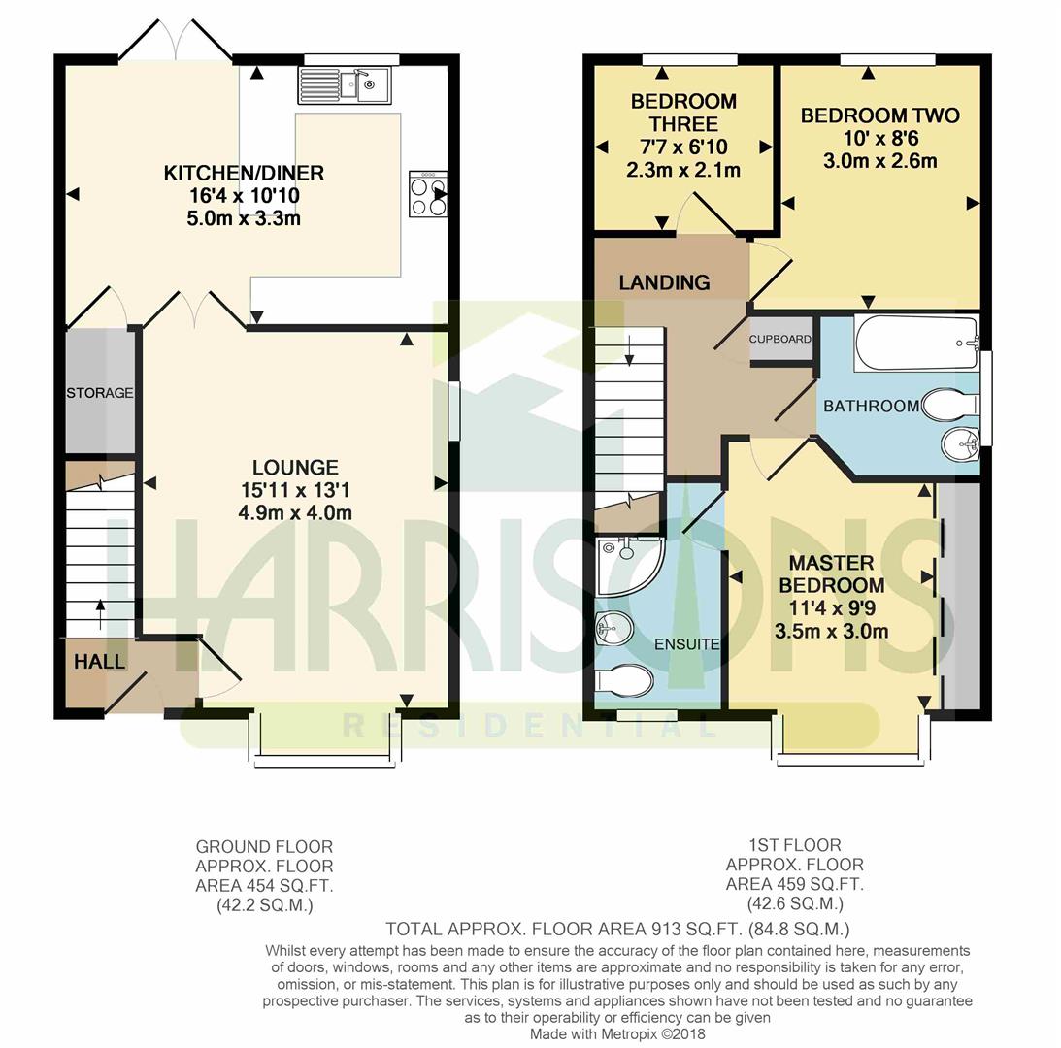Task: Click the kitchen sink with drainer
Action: pos(344,85)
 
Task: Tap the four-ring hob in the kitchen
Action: pos(428,194)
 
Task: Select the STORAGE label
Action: pos(100,392)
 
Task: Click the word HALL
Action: pos(99,661)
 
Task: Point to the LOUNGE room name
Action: pos(295,467)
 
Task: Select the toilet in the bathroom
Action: pos(950,405)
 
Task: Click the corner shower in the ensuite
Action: pos(629,566)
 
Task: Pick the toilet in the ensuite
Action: pos(624,680)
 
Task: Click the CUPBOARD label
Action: pos(780,339)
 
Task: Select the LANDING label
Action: pos(665,282)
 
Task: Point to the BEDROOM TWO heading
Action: pos(879,115)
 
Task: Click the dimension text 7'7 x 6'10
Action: pos(683,147)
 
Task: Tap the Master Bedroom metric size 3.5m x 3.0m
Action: pos(832,632)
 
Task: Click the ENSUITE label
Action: pos(687,644)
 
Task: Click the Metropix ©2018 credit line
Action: pos(617,1033)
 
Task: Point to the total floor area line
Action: pos(617,929)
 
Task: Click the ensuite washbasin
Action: pos(613,630)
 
